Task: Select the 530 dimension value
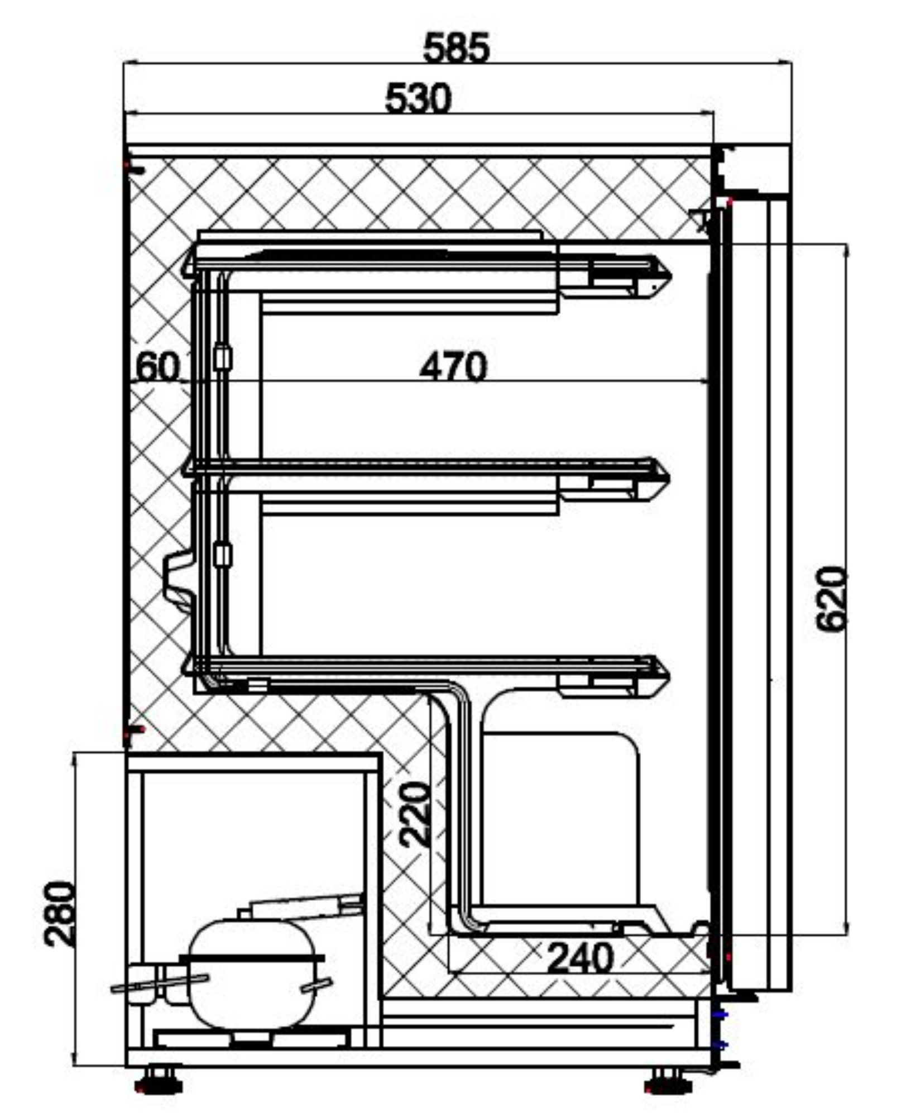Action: (418, 98)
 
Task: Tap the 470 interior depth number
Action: (453, 367)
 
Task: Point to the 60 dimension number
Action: (159, 367)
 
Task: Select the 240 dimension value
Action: (581, 958)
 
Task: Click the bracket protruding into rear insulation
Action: (178, 579)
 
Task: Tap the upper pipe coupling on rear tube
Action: (223, 357)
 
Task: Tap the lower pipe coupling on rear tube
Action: (223, 554)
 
